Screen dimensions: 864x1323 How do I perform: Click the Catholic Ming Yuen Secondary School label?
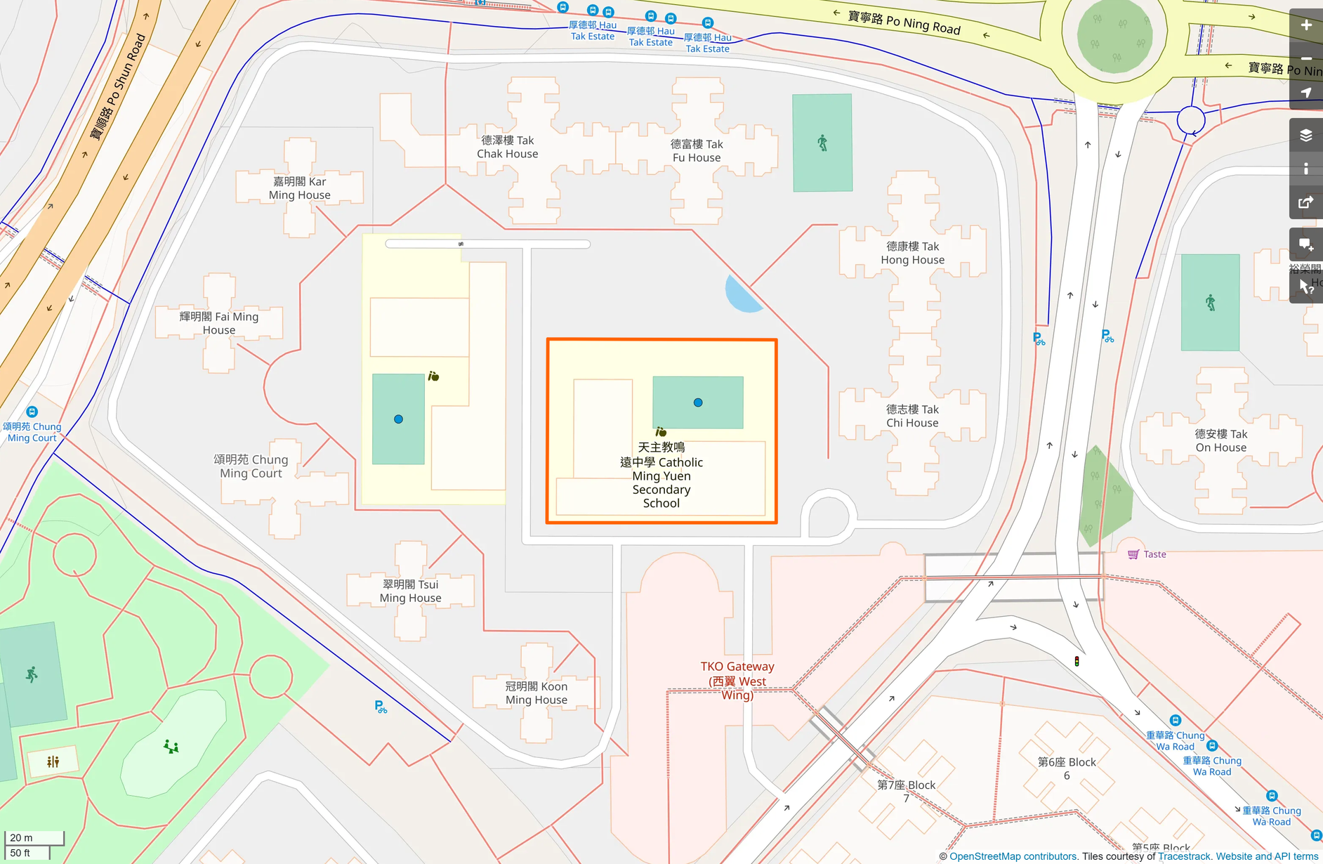(x=661, y=476)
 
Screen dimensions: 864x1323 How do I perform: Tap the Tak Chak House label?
(x=507, y=148)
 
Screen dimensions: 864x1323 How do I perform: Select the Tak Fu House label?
(x=696, y=151)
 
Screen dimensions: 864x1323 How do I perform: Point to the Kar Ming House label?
(x=299, y=188)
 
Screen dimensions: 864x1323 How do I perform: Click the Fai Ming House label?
(x=219, y=323)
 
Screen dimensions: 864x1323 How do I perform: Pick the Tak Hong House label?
(x=912, y=253)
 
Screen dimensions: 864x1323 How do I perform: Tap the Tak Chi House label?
(x=912, y=416)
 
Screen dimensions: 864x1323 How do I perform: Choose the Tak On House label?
(x=1220, y=440)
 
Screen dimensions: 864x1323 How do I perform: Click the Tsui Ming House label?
(x=410, y=591)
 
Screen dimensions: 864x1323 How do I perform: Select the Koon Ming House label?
(x=536, y=693)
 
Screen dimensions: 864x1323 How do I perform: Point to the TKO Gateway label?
(x=737, y=680)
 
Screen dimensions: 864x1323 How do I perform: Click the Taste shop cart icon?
(x=1133, y=554)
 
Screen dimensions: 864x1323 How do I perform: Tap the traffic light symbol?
(x=1077, y=661)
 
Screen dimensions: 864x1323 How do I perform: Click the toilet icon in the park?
(x=53, y=761)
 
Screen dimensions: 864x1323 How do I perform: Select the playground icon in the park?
(x=171, y=746)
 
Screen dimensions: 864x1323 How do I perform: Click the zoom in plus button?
(x=1305, y=25)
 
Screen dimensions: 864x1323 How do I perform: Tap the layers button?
(x=1305, y=135)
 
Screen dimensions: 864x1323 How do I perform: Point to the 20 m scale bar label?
(x=22, y=837)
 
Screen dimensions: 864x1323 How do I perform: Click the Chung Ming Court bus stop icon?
(x=32, y=412)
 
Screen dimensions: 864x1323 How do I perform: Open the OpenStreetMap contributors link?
(x=1013, y=856)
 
